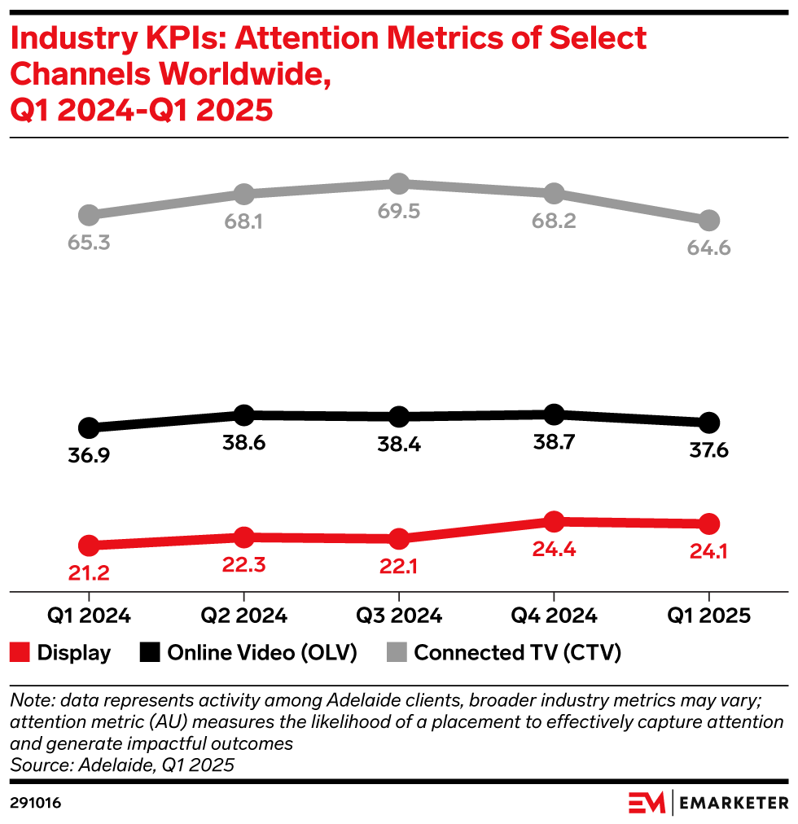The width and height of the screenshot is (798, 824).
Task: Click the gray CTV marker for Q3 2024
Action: tap(398, 183)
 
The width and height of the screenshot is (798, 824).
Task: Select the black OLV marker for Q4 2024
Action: tap(554, 414)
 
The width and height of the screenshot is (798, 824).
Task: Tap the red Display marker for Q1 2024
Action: tap(89, 546)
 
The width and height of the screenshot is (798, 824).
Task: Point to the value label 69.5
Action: tap(398, 212)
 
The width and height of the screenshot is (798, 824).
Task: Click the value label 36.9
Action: tap(89, 456)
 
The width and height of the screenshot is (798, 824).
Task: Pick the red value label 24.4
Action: tap(554, 550)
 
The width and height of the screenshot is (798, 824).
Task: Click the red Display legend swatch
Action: tap(20, 652)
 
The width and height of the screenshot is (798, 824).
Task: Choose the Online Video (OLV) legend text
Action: tap(262, 652)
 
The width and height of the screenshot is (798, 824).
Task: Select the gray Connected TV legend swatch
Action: tap(396, 652)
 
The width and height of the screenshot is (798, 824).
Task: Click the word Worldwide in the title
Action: tap(247, 73)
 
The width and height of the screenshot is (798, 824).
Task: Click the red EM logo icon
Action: tap(647, 803)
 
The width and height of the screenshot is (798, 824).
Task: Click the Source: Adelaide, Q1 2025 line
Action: tap(122, 765)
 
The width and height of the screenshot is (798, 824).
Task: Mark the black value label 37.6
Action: tap(709, 450)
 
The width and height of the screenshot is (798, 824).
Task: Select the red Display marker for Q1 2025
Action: tap(709, 524)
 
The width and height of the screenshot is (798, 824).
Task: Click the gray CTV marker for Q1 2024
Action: tap(89, 215)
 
